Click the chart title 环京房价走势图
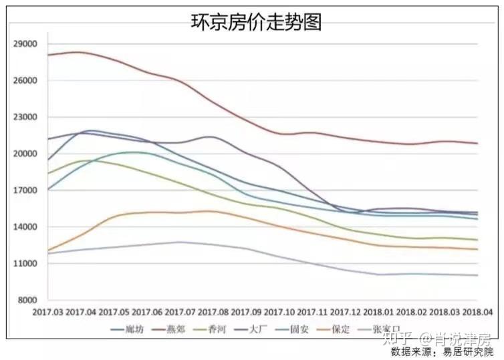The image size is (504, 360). pos(257,22)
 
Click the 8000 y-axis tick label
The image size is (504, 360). pos(27,301)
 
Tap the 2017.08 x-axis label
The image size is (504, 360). pos(214,312)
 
